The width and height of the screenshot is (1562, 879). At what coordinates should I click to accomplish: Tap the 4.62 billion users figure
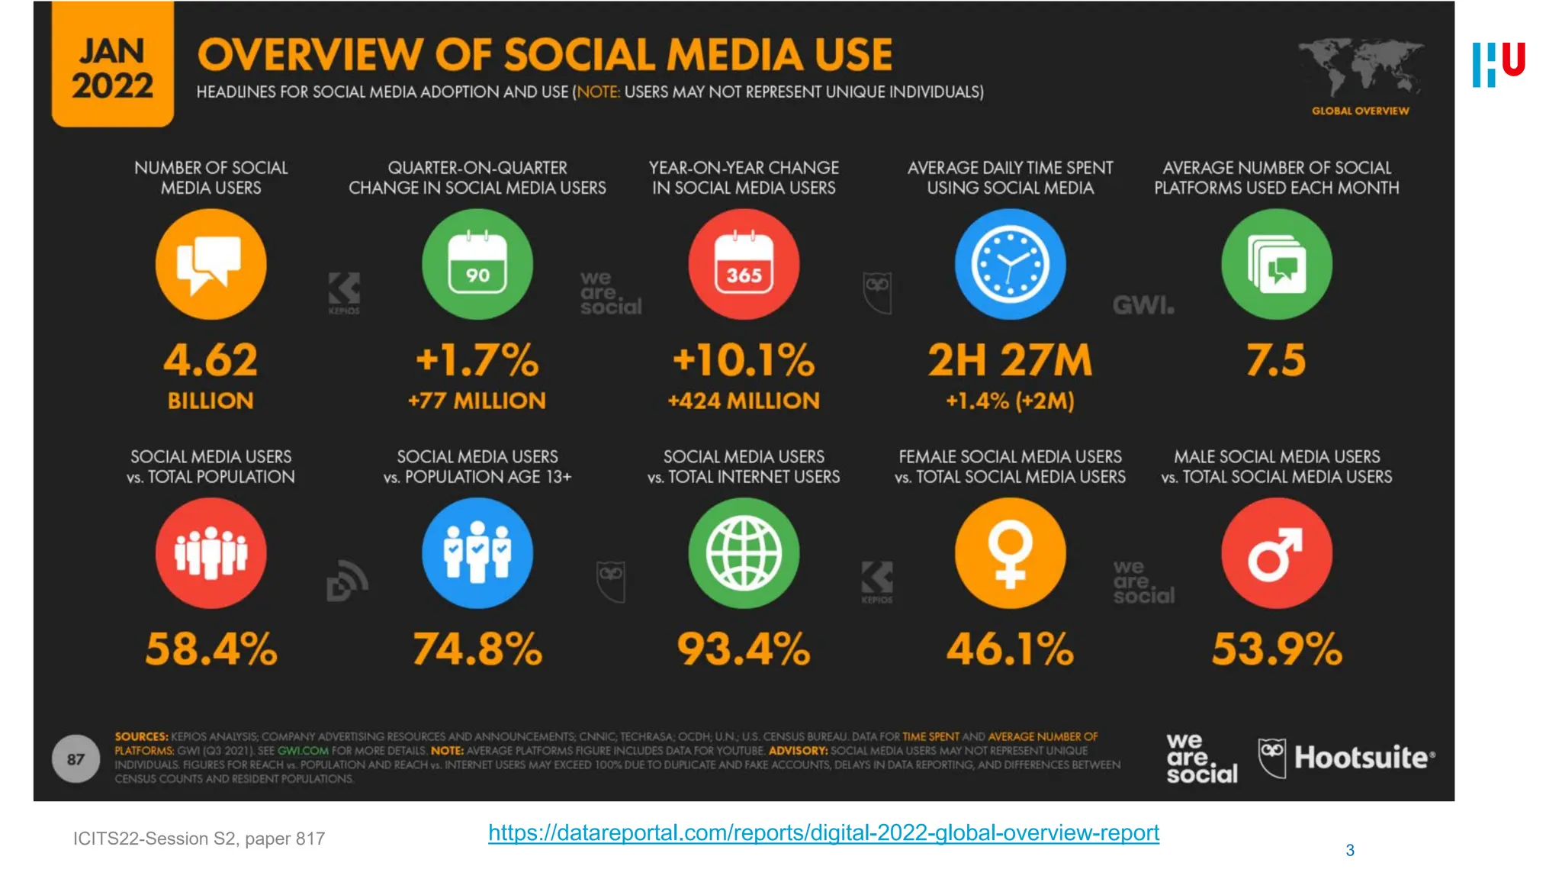pyautogui.click(x=211, y=360)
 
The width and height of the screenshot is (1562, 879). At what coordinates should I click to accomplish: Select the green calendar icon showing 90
pyautogui.click(x=477, y=264)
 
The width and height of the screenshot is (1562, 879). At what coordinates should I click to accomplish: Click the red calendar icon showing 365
pyautogui.click(x=744, y=264)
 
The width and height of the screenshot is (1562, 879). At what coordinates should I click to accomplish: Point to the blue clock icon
pyautogui.click(x=1010, y=264)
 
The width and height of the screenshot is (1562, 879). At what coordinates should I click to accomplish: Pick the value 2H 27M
pyautogui.click(x=1010, y=360)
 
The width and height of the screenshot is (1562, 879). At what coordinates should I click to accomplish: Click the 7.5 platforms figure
pyautogui.click(x=1276, y=360)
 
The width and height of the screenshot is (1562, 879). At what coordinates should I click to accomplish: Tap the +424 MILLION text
pyautogui.click(x=744, y=401)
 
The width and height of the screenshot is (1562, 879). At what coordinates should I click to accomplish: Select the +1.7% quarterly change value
pyautogui.click(x=477, y=360)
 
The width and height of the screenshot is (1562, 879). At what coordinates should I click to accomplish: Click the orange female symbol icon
pyautogui.click(x=1010, y=553)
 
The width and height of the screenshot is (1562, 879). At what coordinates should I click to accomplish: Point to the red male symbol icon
pyautogui.click(x=1276, y=553)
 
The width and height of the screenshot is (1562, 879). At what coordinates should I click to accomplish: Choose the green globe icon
pyautogui.click(x=744, y=553)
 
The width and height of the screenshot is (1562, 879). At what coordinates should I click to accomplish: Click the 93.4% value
pyautogui.click(x=744, y=649)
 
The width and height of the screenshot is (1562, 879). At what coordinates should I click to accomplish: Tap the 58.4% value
pyautogui.click(x=211, y=649)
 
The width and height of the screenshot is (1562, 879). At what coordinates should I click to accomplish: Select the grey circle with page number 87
pyautogui.click(x=76, y=758)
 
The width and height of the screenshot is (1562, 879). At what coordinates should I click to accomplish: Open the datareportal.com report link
pyautogui.click(x=824, y=832)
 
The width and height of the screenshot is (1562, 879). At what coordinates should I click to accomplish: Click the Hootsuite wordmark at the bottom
pyautogui.click(x=1364, y=758)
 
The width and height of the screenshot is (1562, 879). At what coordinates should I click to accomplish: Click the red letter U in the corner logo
pyautogui.click(x=1513, y=59)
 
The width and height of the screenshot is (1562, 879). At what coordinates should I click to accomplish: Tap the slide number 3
pyautogui.click(x=1350, y=850)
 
